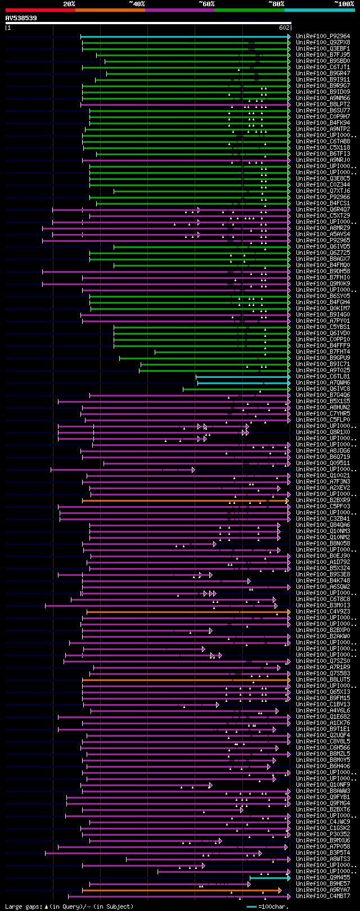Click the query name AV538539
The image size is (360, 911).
(21, 18)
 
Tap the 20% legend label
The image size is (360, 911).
(69, 4)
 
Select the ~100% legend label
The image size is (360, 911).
(344, 4)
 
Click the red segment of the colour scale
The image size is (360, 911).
(39, 10)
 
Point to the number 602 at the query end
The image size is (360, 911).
(284, 28)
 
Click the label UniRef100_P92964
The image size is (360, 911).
(323, 37)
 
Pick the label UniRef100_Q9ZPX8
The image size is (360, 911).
(323, 43)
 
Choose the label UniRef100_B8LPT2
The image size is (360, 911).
(323, 105)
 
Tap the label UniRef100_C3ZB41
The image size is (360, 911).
(323, 519)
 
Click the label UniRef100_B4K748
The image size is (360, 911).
(323, 581)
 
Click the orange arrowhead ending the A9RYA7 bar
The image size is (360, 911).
(280, 890)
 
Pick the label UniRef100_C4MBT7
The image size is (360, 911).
(323, 896)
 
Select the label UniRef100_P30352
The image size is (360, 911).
(323, 835)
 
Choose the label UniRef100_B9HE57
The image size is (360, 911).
(323, 884)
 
